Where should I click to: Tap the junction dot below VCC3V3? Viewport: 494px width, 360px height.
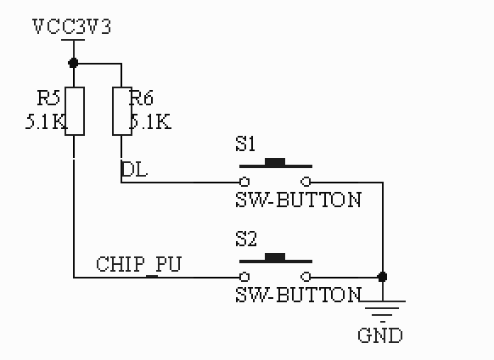coord(74,62)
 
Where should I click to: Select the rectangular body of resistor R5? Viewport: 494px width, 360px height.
coord(75,110)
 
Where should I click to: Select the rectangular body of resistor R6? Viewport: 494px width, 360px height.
coord(122,110)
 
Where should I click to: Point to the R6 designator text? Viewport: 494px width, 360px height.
coord(141,99)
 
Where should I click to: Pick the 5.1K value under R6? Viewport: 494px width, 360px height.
coord(150,121)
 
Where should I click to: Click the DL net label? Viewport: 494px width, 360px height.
coord(134,169)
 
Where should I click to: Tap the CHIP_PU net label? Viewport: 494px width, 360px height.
coord(138,263)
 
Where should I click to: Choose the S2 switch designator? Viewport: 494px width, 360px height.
coord(245,239)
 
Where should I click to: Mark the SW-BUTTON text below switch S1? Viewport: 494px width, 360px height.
coord(298,200)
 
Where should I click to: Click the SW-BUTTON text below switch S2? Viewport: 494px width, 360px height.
coord(298,295)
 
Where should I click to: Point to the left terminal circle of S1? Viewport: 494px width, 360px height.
coord(244,182)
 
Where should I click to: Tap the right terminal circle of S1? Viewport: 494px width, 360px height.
coord(306,182)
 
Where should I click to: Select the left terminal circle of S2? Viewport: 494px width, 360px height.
coord(244,277)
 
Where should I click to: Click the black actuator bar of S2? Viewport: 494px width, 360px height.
coord(275,256)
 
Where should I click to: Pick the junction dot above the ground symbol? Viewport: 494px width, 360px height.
coord(383,277)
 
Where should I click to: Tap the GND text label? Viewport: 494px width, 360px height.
coord(379,335)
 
